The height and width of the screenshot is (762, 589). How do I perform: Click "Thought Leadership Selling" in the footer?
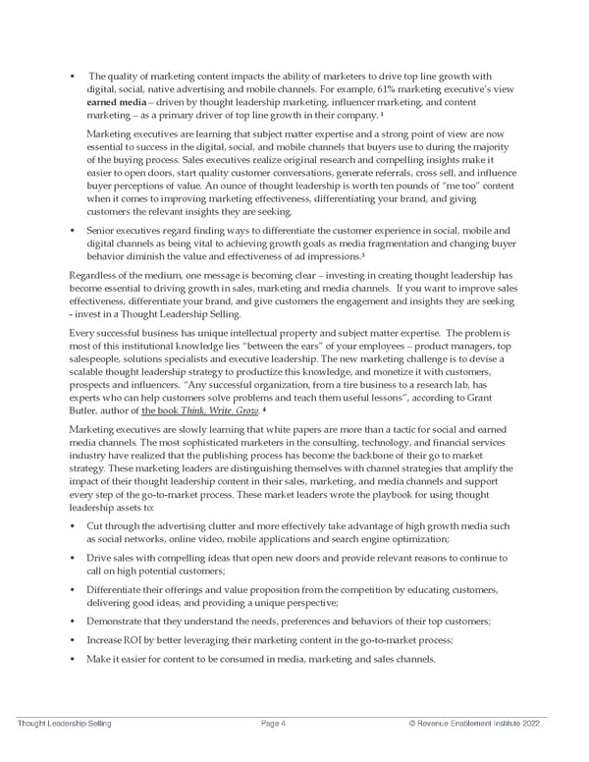click(x=64, y=724)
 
